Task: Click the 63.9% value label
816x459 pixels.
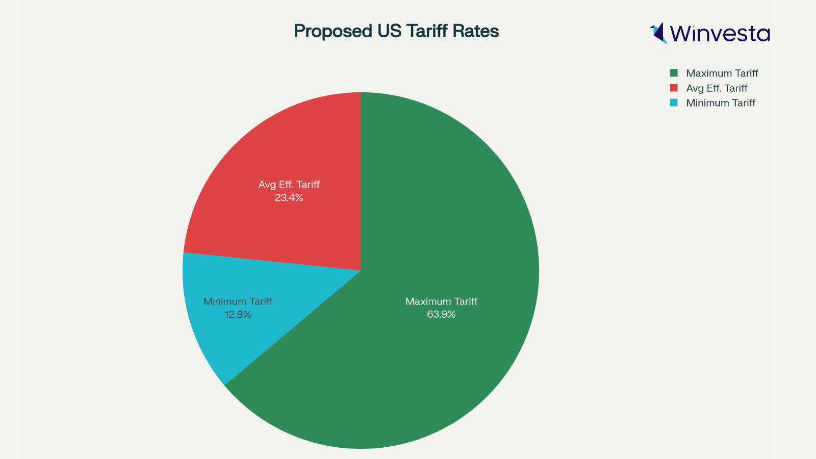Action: coord(441,315)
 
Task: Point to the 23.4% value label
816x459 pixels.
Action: coord(289,198)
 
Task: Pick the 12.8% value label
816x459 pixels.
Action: coord(238,315)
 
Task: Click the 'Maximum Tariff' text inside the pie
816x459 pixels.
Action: coord(441,301)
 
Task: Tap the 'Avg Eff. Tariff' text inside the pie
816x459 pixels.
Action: coord(289,185)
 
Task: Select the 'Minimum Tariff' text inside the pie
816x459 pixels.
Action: coord(238,301)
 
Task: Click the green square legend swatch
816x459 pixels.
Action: coord(674,73)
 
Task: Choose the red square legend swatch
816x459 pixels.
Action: coord(674,88)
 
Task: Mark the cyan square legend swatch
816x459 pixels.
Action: coord(674,103)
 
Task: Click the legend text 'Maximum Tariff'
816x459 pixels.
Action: coord(722,73)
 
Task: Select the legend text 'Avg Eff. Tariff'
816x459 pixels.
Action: coord(717,88)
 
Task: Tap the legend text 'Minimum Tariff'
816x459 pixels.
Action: coord(721,103)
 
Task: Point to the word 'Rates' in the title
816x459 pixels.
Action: coord(477,31)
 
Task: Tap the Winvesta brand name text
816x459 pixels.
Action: coord(720,34)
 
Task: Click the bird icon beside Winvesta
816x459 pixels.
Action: coord(658,33)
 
